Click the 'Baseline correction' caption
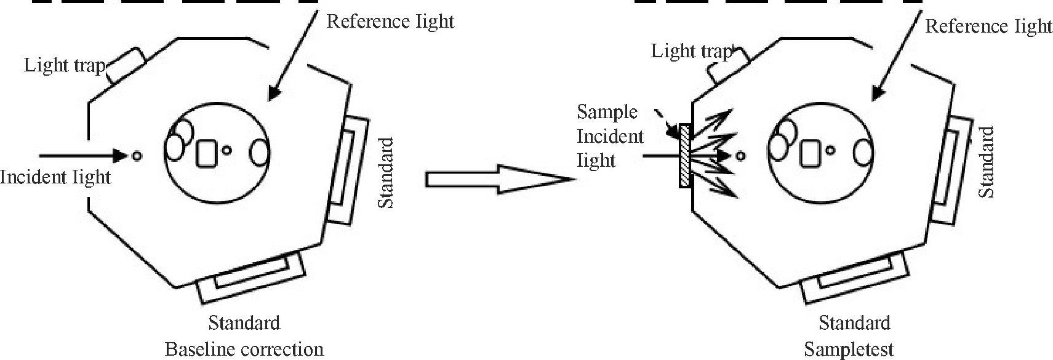pos(244,350)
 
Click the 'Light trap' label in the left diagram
pos(65,65)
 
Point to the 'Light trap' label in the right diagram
pos(692,51)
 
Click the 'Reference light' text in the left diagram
pos(390,22)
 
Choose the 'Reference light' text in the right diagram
pos(988,26)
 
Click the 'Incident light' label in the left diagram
pos(55,177)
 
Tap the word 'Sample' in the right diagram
pos(607,112)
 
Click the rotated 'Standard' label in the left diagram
pos(385,174)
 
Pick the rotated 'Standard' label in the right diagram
pos(986,162)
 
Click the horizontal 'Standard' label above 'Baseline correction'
pos(244,322)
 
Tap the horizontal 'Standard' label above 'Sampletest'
pos(854,323)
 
